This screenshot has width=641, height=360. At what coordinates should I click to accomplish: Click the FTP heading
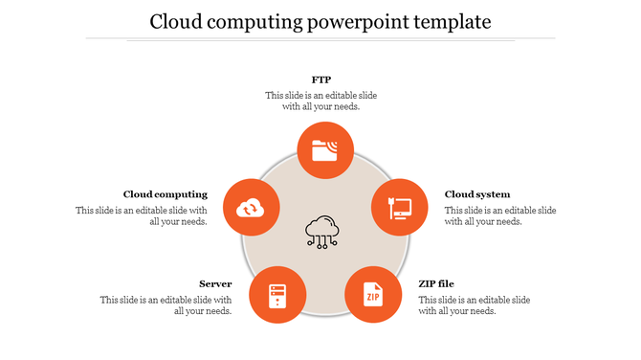coord(320,79)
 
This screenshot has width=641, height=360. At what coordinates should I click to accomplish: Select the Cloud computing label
coord(166,194)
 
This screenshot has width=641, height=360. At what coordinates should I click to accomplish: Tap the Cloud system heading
coord(477,194)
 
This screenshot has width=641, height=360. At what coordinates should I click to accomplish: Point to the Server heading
coord(215,283)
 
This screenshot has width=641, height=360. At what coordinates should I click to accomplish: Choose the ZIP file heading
coord(436,283)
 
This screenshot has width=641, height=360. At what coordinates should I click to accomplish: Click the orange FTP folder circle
coord(325,149)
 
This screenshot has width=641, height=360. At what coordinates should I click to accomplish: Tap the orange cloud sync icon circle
coord(251,207)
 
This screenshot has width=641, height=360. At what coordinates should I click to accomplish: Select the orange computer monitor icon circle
coord(399,207)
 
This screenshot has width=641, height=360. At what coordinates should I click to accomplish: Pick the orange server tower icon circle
coord(277,294)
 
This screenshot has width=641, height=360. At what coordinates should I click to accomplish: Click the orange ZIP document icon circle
coord(372,294)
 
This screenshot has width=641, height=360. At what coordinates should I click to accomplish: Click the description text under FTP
coord(320,101)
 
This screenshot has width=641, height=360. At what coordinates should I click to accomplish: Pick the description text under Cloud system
coord(499,215)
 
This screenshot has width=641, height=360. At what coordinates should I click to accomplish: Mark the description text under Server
coord(166,304)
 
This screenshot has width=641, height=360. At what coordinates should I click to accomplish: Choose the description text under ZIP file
coord(474,304)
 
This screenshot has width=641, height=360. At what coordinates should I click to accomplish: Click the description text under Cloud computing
coord(142,215)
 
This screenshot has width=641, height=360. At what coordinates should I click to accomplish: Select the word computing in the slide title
coord(258,21)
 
